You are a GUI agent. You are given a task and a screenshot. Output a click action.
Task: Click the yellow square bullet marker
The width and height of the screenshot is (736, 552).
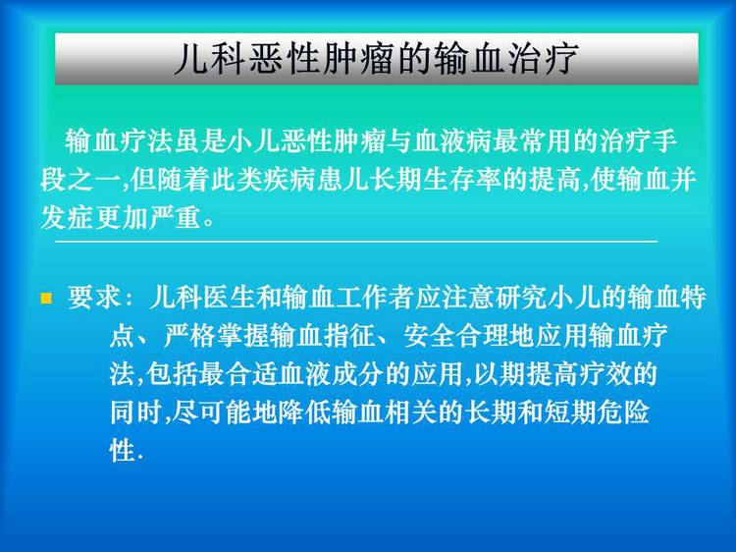tap(46, 299)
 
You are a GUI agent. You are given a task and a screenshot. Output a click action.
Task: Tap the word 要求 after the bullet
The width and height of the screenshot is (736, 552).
tap(94, 298)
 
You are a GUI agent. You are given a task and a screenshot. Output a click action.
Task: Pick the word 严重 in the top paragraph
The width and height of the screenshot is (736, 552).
tap(175, 217)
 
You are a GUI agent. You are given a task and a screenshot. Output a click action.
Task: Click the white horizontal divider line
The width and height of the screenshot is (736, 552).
tap(356, 242)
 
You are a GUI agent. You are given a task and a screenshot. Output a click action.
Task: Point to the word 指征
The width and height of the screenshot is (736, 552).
tap(349, 336)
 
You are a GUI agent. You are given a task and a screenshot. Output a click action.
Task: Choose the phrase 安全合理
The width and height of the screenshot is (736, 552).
tap(456, 336)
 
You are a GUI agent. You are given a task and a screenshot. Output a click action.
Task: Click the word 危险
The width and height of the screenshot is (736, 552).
tap(623, 413)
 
